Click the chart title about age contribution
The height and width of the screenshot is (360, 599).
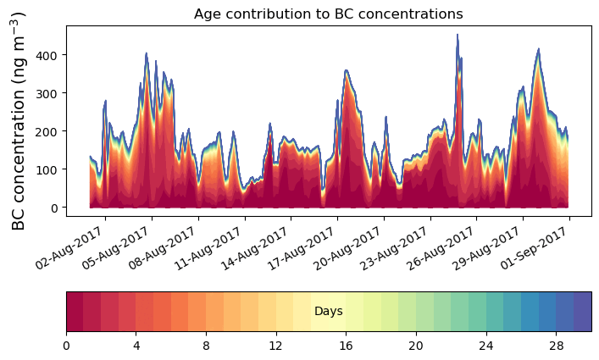coord(328,14)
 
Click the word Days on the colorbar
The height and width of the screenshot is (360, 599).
coord(329,312)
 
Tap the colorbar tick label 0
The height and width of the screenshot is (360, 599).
coord(66,346)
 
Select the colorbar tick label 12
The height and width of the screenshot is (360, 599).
coord(276,346)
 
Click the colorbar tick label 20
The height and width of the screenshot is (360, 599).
coord(416,346)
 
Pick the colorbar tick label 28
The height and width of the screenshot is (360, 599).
coord(556,346)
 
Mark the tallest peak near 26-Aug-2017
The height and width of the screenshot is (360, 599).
coord(458,36)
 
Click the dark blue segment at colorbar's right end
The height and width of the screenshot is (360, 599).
coord(582,312)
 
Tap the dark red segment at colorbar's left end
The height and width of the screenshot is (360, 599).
coord(75,312)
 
